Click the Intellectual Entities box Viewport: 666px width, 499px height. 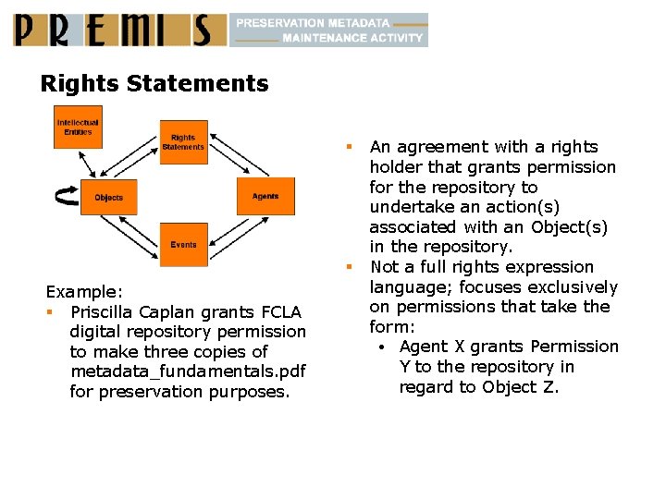coord(78,128)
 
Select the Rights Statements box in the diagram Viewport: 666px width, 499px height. coord(183,142)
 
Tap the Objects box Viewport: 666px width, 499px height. coord(109,198)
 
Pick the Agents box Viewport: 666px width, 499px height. coord(265,197)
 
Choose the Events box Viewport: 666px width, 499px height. coord(183,245)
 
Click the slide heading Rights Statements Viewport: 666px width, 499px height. coord(154,84)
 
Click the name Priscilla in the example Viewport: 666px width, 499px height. coord(105,311)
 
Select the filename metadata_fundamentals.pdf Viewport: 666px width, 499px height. coord(188,371)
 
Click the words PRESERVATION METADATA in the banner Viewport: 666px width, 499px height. coord(313,22)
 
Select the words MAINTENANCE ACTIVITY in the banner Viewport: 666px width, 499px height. coord(352,38)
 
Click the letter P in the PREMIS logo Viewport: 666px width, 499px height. coord(28,30)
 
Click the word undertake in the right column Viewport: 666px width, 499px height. coord(408,207)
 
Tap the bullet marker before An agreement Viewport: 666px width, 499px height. coord(351,146)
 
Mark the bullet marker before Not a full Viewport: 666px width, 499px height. coord(351,267)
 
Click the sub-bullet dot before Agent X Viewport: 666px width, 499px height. coord(381,347)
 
